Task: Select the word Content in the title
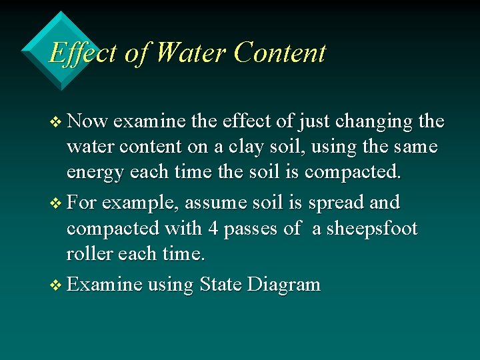280,53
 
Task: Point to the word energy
96,172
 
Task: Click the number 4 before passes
213,228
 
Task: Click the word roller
90,253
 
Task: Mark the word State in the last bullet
220,285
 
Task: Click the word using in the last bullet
170,285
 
